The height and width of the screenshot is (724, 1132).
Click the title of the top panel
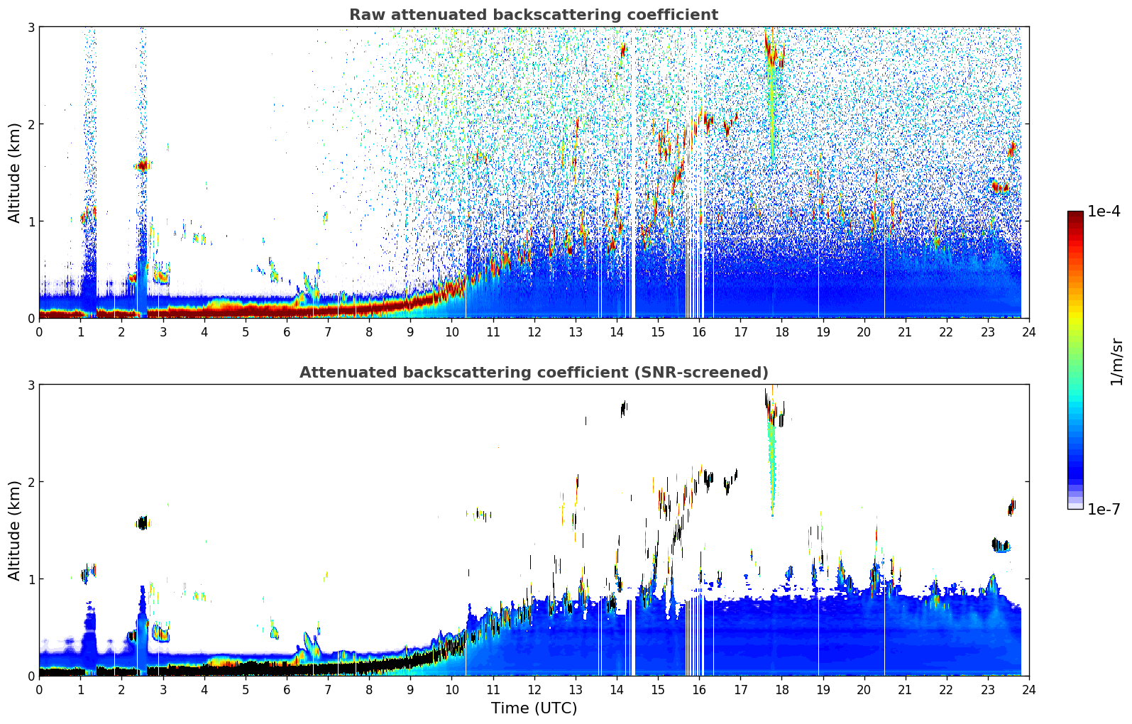coord(533,15)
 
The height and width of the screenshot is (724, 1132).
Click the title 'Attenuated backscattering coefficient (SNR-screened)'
coord(533,373)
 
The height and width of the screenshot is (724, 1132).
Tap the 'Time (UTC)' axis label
coord(534,708)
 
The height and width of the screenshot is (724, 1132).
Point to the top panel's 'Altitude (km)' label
coord(15,172)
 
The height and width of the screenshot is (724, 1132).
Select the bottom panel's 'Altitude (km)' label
coord(15,530)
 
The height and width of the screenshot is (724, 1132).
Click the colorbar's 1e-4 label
coord(1104,212)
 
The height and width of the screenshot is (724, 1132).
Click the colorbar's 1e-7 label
coord(1104,509)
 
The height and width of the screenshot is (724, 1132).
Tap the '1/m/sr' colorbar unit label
coord(1116,362)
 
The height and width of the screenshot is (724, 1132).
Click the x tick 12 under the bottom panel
coord(534,690)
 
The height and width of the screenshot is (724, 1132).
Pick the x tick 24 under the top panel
coord(1028,332)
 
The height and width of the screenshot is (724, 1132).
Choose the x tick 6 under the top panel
coord(287,332)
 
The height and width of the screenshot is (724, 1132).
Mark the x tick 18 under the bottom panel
coord(781,690)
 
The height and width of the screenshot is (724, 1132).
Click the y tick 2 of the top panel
coord(31,124)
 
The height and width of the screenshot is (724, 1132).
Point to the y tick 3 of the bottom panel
coord(31,385)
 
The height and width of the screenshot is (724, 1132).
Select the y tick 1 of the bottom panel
coord(31,579)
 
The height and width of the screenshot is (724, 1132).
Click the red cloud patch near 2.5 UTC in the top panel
coord(142,166)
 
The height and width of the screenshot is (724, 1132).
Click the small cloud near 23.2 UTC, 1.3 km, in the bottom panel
coord(1001,546)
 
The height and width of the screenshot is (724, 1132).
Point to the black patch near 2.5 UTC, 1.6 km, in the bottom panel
coord(142,524)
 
